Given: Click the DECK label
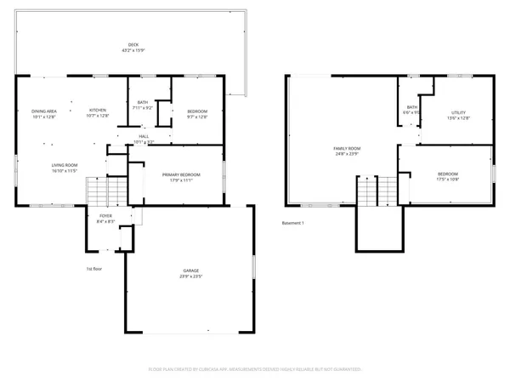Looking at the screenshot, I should [132, 45].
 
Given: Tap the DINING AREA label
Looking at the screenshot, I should [44, 111].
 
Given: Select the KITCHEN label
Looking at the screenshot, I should [99, 111].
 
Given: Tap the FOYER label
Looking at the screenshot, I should [105, 217].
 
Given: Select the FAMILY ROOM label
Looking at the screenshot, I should [344, 148].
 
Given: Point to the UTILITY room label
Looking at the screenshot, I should [458, 111].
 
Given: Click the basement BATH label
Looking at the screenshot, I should [411, 107].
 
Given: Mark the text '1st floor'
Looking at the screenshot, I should [94, 269].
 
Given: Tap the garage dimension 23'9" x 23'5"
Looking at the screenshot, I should [190, 277].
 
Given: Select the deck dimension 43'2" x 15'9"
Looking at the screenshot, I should [132, 50].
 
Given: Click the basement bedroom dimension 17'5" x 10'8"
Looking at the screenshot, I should [447, 180].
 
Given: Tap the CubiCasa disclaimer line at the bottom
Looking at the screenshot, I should [255, 369].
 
